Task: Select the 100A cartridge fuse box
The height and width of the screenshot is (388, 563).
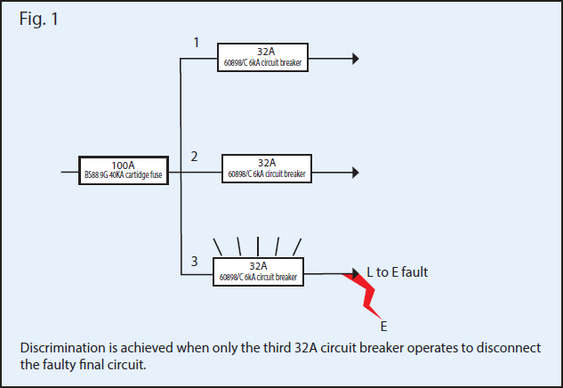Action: pyautogui.click(x=123, y=169)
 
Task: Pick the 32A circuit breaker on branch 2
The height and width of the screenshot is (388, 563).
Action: pyautogui.click(x=267, y=168)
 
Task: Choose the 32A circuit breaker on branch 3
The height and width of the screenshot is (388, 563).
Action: pyautogui.click(x=258, y=271)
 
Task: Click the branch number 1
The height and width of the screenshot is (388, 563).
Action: pyautogui.click(x=197, y=42)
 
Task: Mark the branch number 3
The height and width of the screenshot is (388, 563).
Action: pyautogui.click(x=194, y=261)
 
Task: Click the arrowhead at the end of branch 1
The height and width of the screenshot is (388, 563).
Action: pyautogui.click(x=355, y=59)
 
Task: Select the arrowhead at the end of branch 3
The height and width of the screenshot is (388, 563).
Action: pyautogui.click(x=355, y=273)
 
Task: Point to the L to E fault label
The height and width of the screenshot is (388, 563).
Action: pyautogui.click(x=398, y=272)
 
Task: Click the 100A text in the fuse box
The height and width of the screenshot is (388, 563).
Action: pyautogui.click(x=123, y=165)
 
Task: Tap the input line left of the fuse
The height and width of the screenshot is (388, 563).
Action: pyautogui.click(x=69, y=169)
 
